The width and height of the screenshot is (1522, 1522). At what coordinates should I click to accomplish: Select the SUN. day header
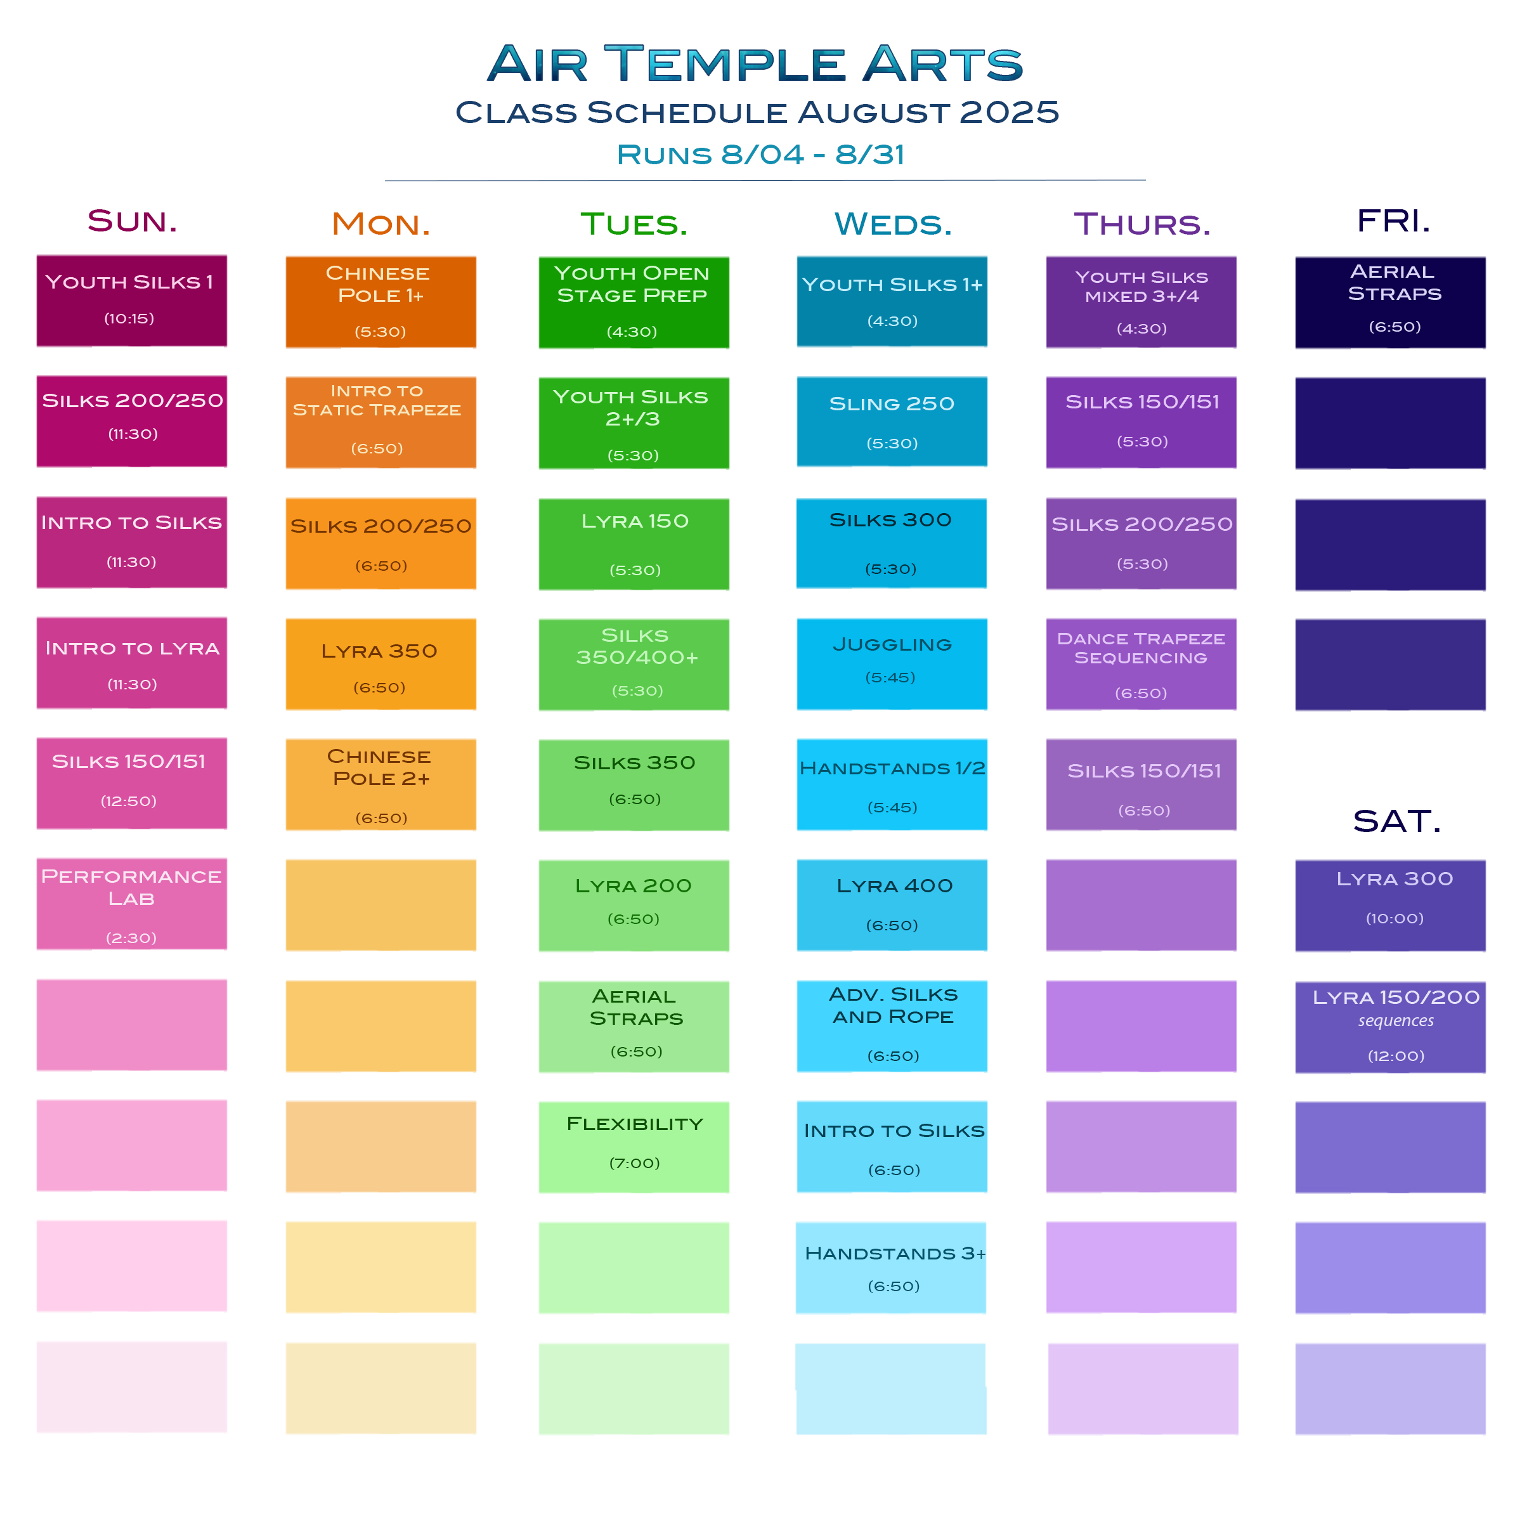(133, 221)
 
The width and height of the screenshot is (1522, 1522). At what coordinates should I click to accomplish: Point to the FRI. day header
(1393, 221)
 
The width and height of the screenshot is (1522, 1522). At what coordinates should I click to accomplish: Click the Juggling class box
(892, 664)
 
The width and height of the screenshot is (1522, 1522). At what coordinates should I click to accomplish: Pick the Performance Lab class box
(131, 904)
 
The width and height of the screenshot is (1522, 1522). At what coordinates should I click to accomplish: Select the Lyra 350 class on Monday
(380, 664)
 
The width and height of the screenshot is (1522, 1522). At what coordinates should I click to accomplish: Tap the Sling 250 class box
(892, 422)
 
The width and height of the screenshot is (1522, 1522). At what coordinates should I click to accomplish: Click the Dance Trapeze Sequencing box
(1141, 664)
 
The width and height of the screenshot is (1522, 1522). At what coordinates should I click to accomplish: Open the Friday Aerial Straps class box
(1391, 302)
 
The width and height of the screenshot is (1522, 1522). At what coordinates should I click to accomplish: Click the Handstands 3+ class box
(891, 1268)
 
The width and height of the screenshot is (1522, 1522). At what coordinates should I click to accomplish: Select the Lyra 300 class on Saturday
(1391, 905)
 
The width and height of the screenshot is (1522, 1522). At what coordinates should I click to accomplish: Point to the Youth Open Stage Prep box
(634, 302)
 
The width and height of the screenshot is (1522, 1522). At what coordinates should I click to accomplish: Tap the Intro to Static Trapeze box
(380, 422)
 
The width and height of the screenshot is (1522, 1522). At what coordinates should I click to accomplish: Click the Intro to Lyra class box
(131, 663)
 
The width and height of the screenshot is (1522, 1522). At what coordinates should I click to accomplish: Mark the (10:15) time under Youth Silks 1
(129, 318)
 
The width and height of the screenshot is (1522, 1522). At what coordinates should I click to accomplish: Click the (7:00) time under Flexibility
(634, 1163)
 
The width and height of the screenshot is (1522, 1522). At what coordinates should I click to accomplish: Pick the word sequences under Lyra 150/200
(1396, 1021)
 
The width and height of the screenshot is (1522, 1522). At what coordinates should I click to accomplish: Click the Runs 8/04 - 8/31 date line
(761, 154)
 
